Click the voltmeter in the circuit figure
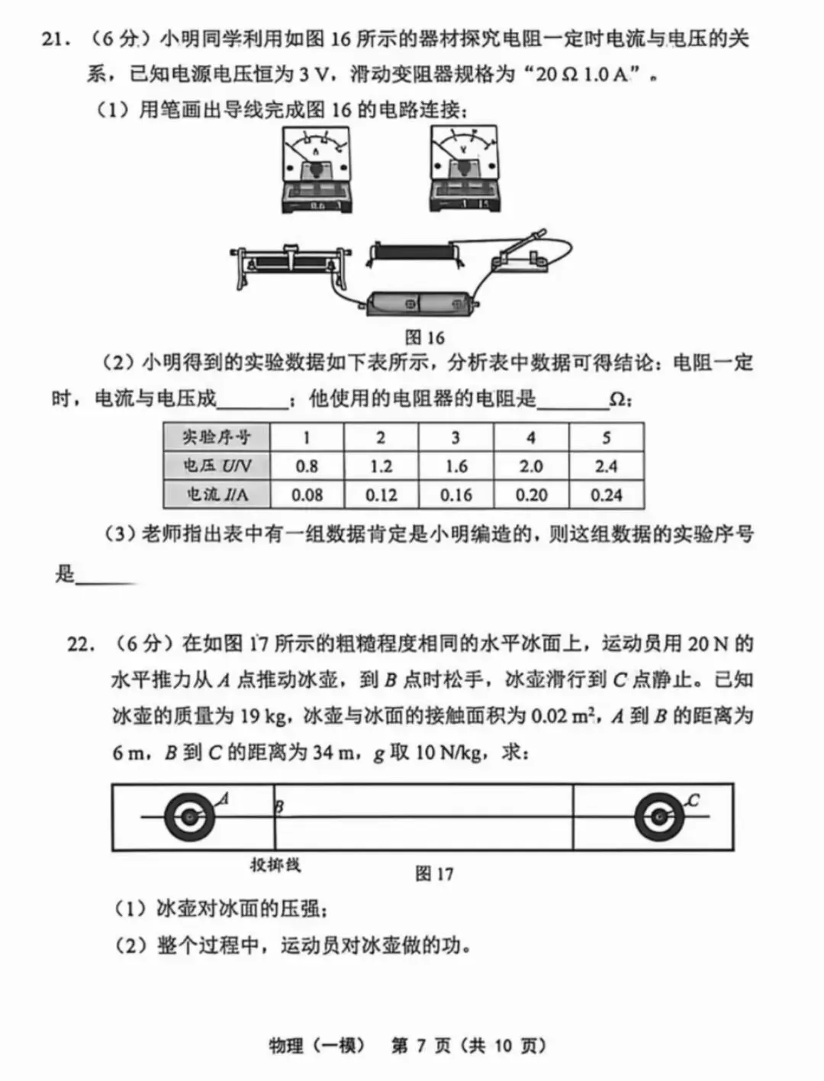[x=465, y=169]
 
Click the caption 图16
[x=424, y=337]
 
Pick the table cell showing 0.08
[x=307, y=495]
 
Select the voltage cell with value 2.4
[x=606, y=466]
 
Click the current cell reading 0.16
[x=455, y=495]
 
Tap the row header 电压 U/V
[x=217, y=466]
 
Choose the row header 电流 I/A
[x=217, y=495]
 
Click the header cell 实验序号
[x=217, y=437]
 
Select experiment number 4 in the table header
[x=531, y=437]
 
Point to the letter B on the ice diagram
[x=279, y=806]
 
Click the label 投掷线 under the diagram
[x=275, y=865]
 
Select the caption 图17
[x=434, y=874]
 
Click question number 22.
[x=81, y=644]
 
